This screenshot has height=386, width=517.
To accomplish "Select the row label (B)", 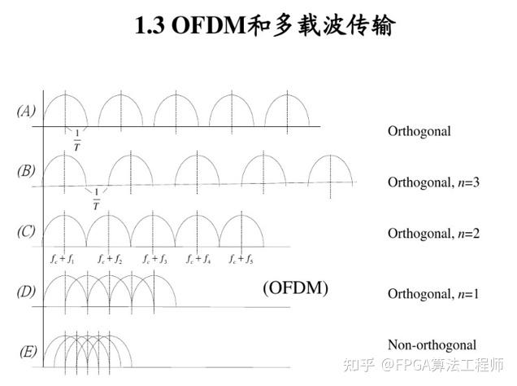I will tap(26, 171).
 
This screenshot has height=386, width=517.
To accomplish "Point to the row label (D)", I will tap(26, 291).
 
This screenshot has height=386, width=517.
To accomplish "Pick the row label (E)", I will tap(26, 351).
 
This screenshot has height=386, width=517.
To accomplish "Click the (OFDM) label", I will tap(295, 287).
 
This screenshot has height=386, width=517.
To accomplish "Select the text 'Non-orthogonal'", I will tap(432, 344).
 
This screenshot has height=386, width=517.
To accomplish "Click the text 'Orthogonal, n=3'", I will tap(433, 182).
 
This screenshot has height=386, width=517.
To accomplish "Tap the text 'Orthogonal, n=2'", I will tap(433, 234).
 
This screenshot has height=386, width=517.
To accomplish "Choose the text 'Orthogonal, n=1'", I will tap(433, 292).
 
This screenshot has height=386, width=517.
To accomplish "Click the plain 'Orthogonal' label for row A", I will tap(419, 130).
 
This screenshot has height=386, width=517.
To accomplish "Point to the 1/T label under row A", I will tap(77, 140).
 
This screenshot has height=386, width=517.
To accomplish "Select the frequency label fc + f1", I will tap(62, 260).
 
